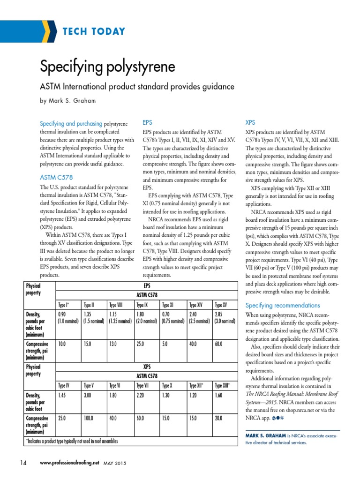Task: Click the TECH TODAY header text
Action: coord(94,32)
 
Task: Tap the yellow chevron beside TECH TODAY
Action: coord(47,32)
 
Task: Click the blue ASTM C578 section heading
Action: coord(56,178)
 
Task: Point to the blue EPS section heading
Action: coord(147,122)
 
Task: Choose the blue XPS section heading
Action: coord(250,122)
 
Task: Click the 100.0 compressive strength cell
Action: coord(89,418)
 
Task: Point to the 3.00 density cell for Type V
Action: coord(88,396)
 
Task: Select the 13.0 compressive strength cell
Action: coord(113,344)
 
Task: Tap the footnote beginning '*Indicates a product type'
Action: coord(71,441)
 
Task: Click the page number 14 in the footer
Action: coord(23,463)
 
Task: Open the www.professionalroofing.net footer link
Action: coord(70,463)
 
